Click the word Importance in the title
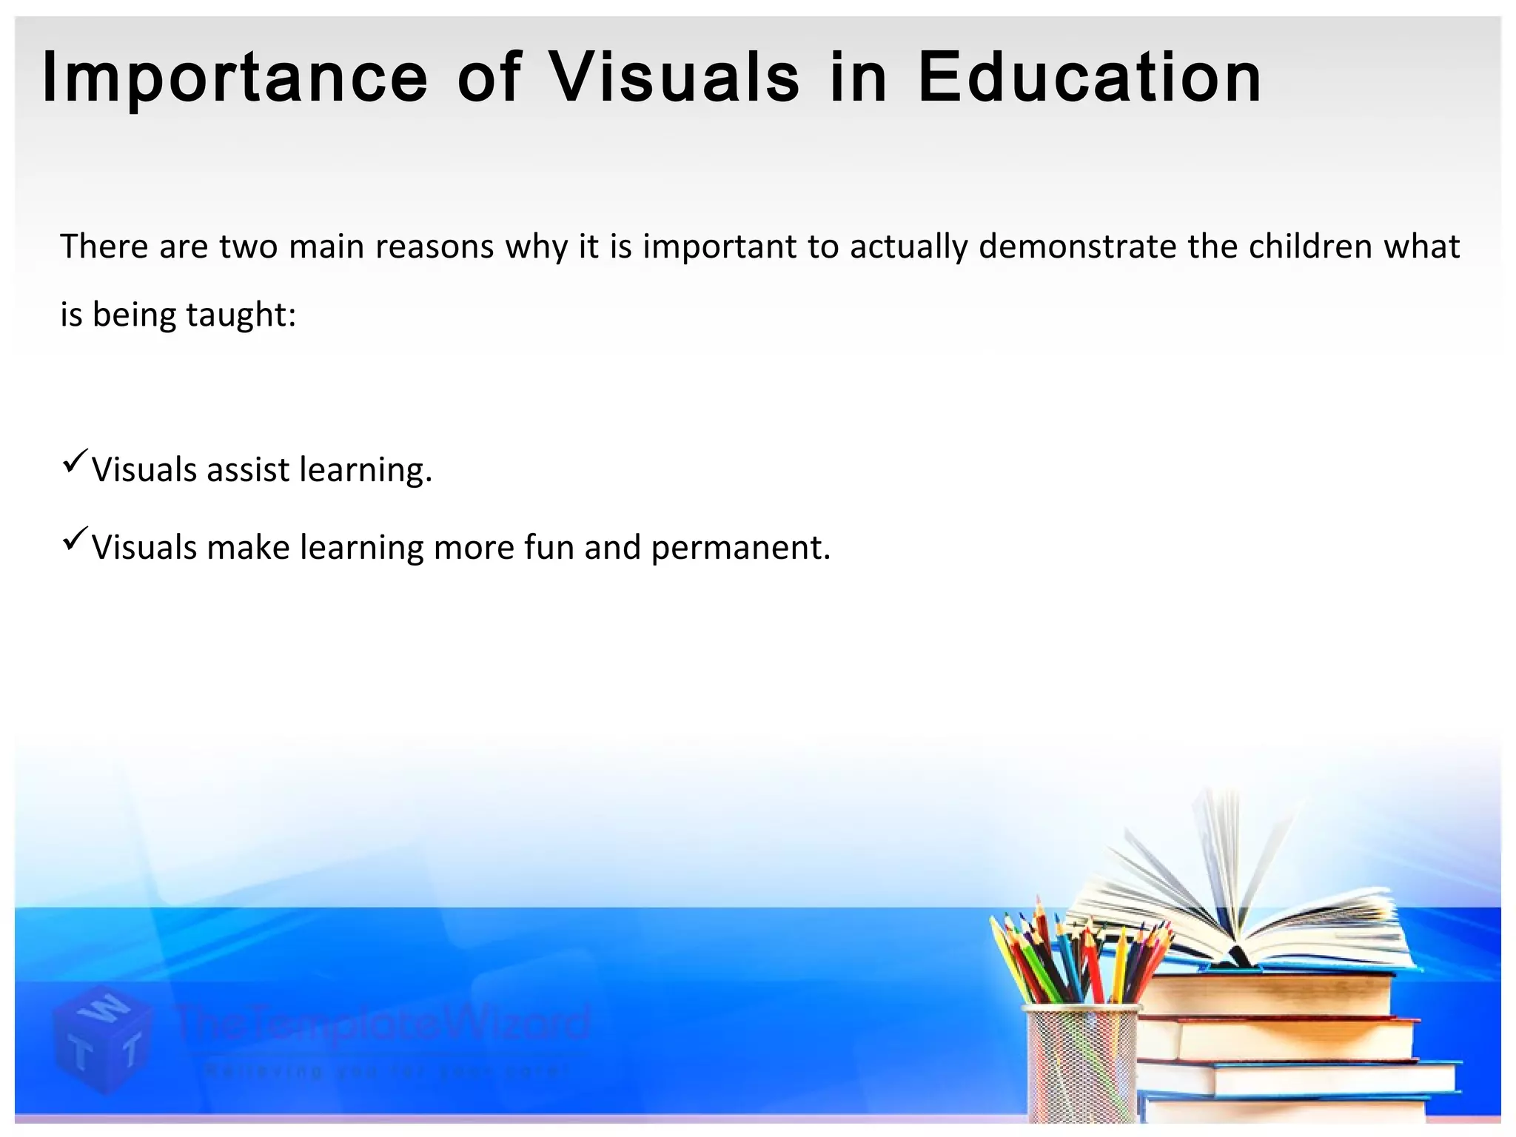point(235,78)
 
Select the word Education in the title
point(1089,77)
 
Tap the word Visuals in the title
point(674,77)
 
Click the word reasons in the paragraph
point(435,246)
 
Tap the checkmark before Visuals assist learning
point(76,460)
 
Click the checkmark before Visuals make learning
point(76,537)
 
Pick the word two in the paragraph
point(248,246)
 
